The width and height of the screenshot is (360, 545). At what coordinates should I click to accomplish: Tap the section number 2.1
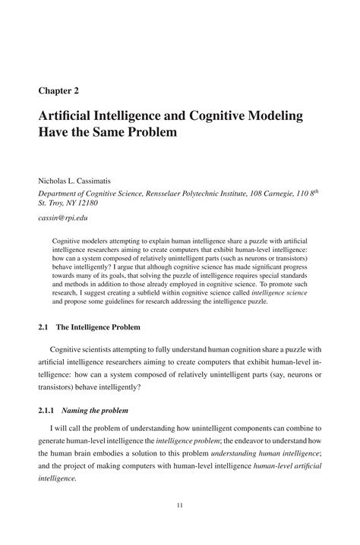click(x=44, y=327)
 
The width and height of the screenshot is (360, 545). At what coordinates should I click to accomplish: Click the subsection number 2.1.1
click(x=47, y=413)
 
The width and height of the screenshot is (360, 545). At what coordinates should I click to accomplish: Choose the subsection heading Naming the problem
click(x=100, y=413)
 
